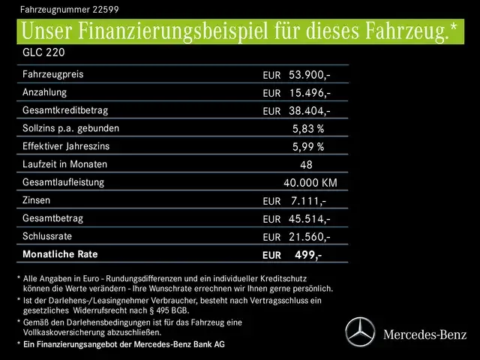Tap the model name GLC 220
click(37, 55)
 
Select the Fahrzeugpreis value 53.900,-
click(309, 75)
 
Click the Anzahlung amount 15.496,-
click(309, 93)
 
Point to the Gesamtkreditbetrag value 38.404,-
click(309, 111)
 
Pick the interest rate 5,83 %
click(308, 129)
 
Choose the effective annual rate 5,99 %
click(308, 147)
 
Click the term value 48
click(306, 165)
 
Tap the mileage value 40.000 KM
click(310, 183)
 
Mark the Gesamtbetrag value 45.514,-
click(309, 219)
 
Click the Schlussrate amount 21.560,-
click(309, 237)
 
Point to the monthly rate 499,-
click(308, 255)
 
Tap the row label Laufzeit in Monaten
click(65, 164)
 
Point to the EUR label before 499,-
click(271, 256)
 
